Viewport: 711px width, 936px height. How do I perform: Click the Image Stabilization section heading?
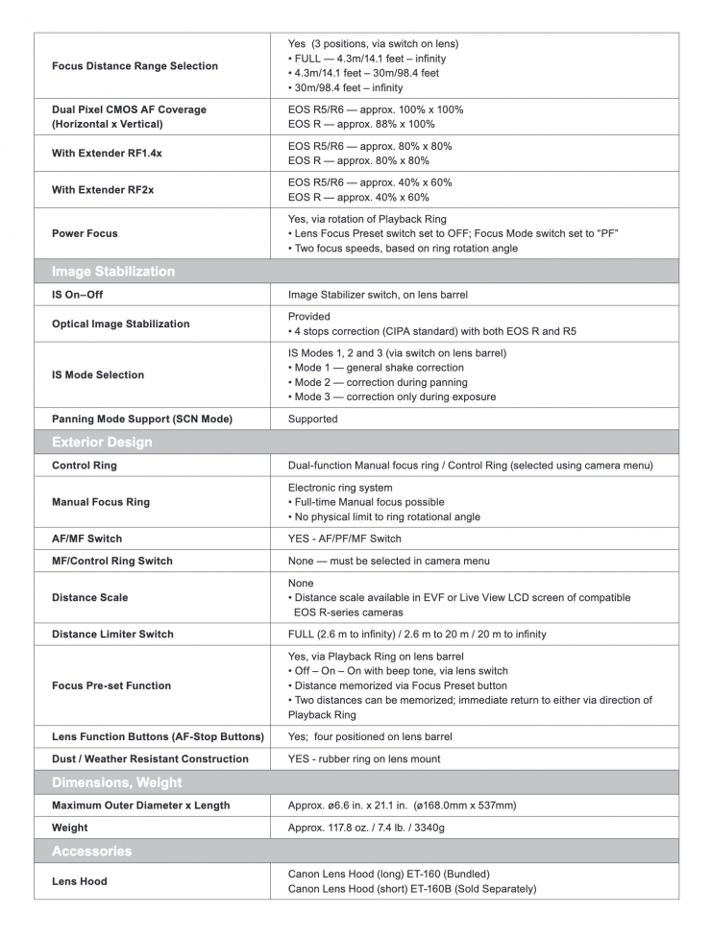point(113,272)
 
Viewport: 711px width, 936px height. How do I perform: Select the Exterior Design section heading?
point(102,443)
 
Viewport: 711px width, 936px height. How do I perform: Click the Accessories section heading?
point(92,852)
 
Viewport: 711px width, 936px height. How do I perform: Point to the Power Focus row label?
point(86,233)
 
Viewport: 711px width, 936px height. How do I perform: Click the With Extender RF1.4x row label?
point(107,154)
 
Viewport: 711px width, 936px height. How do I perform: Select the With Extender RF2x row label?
point(103,190)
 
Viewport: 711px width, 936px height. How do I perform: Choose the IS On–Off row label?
point(77,295)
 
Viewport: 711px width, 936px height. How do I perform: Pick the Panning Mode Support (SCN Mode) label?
point(142,420)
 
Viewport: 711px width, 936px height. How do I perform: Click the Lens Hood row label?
point(80,881)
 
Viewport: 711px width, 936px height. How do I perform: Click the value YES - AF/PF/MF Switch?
point(345,539)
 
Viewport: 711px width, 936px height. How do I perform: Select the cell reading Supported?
point(313,420)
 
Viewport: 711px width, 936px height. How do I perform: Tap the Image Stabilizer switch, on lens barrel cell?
point(379,295)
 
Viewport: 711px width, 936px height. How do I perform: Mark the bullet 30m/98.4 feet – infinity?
point(346,88)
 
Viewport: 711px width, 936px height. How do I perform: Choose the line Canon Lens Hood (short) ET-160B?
point(412,889)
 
